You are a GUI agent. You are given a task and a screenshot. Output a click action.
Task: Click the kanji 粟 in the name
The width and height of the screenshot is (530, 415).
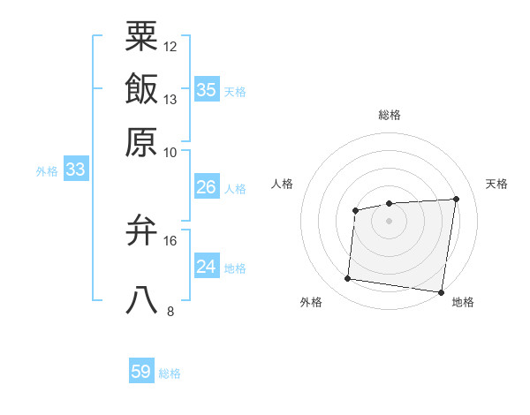click(141, 36)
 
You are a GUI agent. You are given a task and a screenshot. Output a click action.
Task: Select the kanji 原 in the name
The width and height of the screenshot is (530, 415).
click(141, 141)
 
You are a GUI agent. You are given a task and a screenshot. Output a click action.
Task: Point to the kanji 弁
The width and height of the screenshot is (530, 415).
click(141, 231)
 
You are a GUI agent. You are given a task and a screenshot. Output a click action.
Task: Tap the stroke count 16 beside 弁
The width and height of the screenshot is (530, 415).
click(170, 240)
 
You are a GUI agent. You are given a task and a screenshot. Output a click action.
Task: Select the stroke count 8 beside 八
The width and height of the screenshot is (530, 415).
click(170, 311)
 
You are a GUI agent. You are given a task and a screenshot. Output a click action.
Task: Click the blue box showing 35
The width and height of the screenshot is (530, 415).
click(206, 89)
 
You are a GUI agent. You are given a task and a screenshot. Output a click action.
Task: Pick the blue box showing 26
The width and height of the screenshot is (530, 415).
click(206, 187)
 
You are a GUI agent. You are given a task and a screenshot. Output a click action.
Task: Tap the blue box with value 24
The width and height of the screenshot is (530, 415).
click(206, 267)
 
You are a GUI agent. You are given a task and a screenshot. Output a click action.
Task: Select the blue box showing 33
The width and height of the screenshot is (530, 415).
click(75, 170)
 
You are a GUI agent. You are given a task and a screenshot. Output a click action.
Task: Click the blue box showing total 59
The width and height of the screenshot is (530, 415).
click(141, 372)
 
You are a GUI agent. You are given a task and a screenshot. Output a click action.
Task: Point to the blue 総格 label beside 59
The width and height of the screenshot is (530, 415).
click(170, 373)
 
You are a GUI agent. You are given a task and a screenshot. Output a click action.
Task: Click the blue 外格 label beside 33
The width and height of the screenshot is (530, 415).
click(47, 171)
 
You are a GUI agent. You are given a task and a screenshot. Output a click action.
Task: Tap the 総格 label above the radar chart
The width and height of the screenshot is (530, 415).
click(389, 115)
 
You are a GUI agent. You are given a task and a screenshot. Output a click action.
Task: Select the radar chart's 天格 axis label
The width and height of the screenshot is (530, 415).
click(496, 184)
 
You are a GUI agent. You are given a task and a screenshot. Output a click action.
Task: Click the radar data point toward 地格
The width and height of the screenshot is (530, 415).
click(440, 292)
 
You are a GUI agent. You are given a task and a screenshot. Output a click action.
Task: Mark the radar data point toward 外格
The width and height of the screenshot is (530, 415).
click(348, 279)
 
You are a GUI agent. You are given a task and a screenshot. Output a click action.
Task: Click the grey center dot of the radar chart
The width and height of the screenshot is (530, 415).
click(389, 220)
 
